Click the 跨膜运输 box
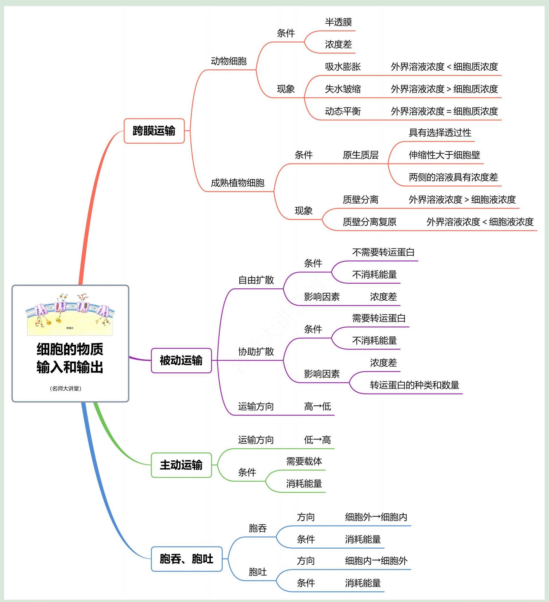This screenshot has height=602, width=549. pos(154,131)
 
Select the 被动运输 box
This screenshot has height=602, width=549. pos(181,360)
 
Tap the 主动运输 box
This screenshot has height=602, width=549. pos(181,465)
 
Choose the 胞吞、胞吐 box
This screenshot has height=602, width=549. pos(187,559)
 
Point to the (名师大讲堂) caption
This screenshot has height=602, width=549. pos(65,389)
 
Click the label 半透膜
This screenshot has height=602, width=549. pos(338,22)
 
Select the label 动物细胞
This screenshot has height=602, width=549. pos(228,61)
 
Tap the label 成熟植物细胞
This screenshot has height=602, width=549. pos(238,183)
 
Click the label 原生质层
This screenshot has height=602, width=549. pos(360,155)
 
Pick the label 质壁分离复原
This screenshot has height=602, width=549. pos(369,222)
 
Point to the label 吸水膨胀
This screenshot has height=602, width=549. pos(343,67)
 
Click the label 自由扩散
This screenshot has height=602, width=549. pos(256,280)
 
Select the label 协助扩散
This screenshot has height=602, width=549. pos(256,352)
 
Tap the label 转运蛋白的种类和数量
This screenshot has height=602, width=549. pos(414,385)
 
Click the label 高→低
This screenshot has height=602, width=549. pos(317,406)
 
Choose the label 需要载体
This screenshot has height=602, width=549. pos(304,461)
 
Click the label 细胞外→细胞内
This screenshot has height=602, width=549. pos(376,517)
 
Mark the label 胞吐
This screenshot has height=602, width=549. pos(257,572)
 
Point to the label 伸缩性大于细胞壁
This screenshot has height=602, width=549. pos(444,155)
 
